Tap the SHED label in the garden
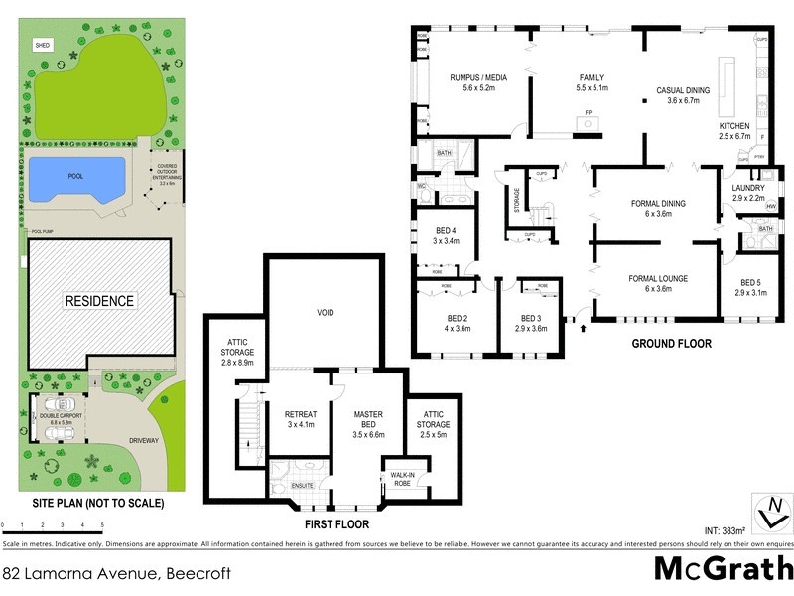tap(42, 46)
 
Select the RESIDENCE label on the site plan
tap(99, 300)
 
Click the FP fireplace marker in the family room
tap(588, 112)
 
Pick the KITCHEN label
tap(736, 128)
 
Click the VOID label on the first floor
tap(325, 313)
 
